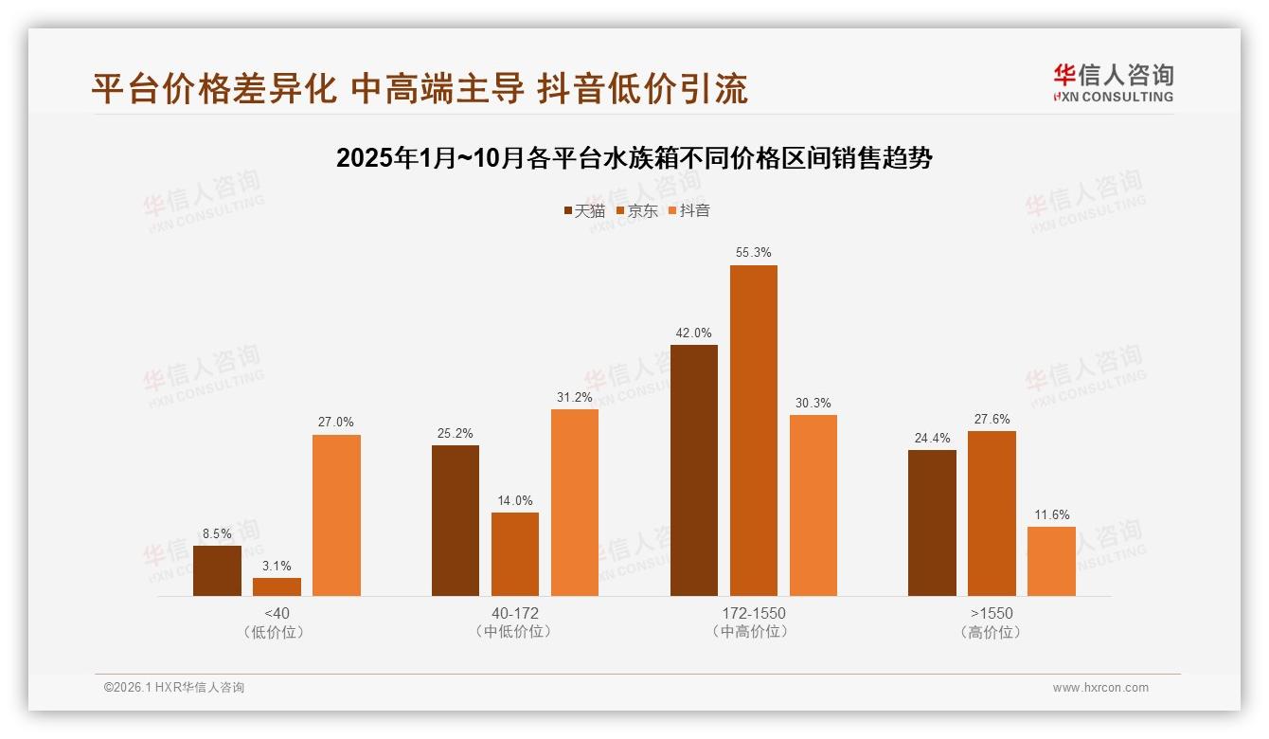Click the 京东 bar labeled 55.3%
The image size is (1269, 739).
pyautogui.click(x=753, y=430)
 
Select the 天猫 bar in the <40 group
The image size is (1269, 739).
pyautogui.click(x=217, y=570)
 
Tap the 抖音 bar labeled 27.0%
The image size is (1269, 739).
pyautogui.click(x=336, y=515)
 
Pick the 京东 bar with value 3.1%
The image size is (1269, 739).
pyautogui.click(x=277, y=586)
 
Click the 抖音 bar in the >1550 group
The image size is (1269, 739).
pyautogui.click(x=1051, y=561)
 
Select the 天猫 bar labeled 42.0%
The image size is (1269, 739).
pyautogui.click(x=693, y=470)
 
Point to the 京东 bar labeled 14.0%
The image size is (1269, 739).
pyautogui.click(x=514, y=554)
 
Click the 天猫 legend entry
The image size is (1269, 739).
pyautogui.click(x=583, y=210)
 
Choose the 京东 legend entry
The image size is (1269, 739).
pyautogui.click(x=636, y=210)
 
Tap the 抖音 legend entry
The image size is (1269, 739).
pyautogui.click(x=688, y=210)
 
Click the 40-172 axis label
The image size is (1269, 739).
pyautogui.click(x=514, y=613)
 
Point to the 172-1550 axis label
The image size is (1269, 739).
pyautogui.click(x=753, y=613)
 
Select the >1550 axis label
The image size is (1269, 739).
pyautogui.click(x=992, y=613)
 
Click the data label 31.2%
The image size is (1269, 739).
pyautogui.click(x=575, y=397)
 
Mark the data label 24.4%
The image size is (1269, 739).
pyautogui.click(x=932, y=438)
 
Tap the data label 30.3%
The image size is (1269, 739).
pyautogui.click(x=813, y=403)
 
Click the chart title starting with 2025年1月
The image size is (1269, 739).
pyautogui.click(x=634, y=158)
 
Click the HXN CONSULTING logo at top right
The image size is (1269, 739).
pyautogui.click(x=1113, y=83)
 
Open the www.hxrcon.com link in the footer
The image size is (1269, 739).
pyautogui.click(x=1100, y=688)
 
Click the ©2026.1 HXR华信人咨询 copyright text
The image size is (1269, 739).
pyautogui.click(x=173, y=688)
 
